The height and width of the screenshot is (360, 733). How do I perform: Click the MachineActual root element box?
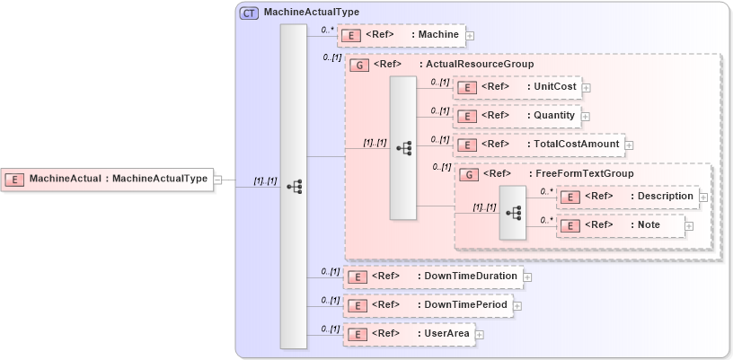pos(107,180)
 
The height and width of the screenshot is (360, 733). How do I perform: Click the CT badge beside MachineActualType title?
pos(250,13)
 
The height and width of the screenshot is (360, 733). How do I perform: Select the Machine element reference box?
pos(401,35)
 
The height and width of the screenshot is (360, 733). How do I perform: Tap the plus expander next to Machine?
pos(470,36)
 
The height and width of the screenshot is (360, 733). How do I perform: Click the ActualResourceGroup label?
pos(480,65)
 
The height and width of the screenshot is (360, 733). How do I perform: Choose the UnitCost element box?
pos(517,87)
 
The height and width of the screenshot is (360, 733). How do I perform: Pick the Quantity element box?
pos(517,116)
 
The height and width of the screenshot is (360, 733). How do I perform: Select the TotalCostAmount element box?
pos(538,145)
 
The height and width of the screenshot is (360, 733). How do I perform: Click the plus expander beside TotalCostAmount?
pos(629,145)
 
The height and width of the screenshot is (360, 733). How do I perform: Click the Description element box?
pos(627,196)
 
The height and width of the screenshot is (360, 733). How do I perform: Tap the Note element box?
pos(621,225)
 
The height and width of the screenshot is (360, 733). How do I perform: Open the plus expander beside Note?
pos(689,226)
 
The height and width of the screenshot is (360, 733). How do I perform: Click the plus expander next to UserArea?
pos(479,335)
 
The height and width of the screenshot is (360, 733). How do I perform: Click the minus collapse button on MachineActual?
pos(217,180)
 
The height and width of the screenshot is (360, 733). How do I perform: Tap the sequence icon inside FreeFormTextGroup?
pos(513,213)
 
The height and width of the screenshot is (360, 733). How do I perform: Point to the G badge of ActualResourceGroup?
pos(359,66)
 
